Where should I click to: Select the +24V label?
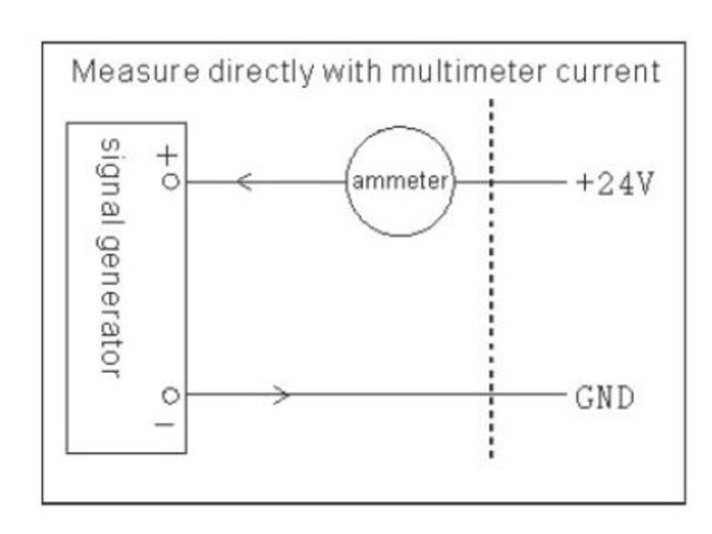point(613,184)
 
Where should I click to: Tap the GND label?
point(604,397)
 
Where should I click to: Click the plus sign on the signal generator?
point(169,156)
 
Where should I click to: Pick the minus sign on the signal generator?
point(169,425)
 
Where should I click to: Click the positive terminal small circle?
point(169,182)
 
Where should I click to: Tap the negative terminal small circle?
point(169,395)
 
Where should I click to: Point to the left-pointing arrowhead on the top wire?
point(244,182)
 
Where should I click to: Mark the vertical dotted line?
point(491,285)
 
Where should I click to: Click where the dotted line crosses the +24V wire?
point(491,182)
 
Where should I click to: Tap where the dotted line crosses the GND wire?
point(491,394)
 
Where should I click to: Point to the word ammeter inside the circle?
point(400,182)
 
